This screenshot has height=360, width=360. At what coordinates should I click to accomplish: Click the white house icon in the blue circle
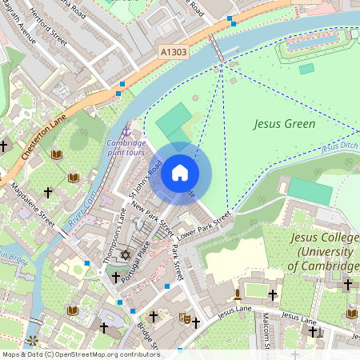coord(179,173)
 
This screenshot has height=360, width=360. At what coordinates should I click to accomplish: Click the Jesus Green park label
coord(284,124)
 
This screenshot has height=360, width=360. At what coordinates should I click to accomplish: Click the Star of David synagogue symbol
coord(124,254)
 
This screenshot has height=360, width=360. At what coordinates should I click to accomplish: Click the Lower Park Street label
coord(203,225)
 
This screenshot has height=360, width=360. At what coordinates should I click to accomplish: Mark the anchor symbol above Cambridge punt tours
coord(126,130)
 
